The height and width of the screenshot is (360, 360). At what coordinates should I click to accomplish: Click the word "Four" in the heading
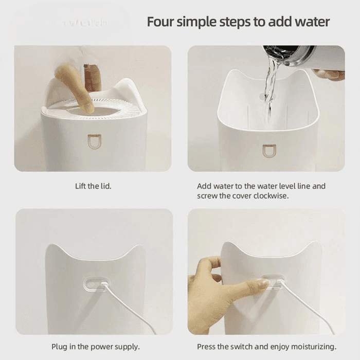160,22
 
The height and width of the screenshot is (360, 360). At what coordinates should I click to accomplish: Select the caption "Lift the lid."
93,186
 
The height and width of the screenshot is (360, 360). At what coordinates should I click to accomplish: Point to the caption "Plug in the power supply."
96,347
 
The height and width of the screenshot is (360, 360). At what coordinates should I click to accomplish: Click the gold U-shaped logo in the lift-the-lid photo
94,141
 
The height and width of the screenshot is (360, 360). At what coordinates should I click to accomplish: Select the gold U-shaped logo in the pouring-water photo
269,151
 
